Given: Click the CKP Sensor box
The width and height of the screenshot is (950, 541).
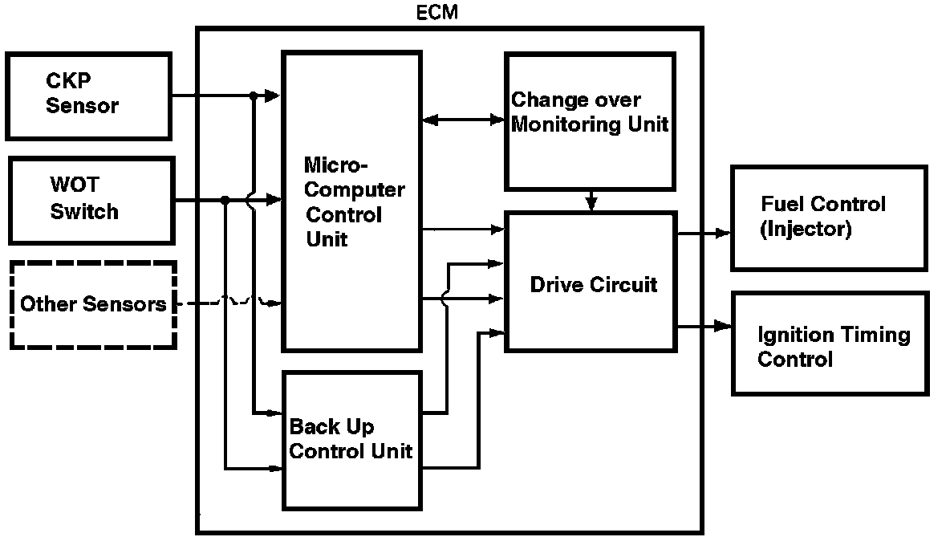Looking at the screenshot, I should pos(88,95).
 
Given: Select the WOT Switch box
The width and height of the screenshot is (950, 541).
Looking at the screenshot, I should pos(91,200).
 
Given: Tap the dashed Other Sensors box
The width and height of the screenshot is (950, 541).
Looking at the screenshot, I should pos(93,304).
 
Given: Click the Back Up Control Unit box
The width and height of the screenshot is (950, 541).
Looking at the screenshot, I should pos(351,439).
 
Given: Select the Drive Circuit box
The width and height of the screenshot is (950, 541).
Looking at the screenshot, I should pos(590,282).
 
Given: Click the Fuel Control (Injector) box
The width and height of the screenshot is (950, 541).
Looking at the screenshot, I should pos(829,217).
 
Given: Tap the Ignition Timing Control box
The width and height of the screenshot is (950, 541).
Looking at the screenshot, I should pos(829,345).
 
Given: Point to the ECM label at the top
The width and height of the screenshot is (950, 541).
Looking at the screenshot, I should pos(438,13).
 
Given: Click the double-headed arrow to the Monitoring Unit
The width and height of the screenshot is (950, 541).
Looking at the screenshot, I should pos(462,120).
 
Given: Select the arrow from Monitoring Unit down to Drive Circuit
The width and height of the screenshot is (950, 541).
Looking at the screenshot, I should pos(591,200).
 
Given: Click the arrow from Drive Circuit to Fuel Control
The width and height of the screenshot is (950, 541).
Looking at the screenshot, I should pos(704,233).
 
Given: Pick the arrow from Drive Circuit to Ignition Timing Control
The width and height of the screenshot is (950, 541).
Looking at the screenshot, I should pos(704,326).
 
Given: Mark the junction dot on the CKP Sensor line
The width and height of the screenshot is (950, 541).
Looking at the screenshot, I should pos(253,96).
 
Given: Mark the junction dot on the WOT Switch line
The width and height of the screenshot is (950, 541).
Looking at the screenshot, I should pos(225,200).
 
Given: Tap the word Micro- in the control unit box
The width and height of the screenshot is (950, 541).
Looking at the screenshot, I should pos(335,166).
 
